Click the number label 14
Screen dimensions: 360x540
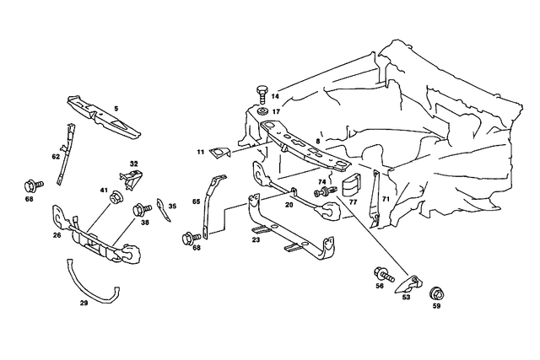click(275, 97)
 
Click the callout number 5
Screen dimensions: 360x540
click(116, 109)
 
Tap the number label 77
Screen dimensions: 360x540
click(354, 203)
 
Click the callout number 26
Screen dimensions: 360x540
click(57, 236)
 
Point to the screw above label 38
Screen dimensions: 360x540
click(143, 207)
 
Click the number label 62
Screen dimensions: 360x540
click(56, 156)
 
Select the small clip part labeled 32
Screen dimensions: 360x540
click(131, 177)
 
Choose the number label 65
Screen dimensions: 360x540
click(196, 201)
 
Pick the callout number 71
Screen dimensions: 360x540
click(385, 198)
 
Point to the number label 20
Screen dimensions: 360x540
click(289, 204)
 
